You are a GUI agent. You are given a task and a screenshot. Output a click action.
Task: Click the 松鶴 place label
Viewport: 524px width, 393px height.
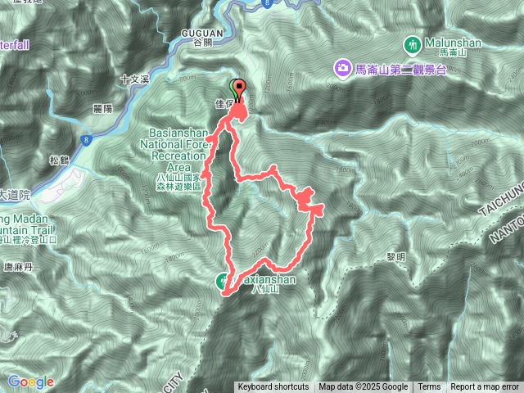tap(59, 160)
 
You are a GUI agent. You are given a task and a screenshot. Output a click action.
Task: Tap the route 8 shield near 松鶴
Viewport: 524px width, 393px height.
tap(86, 140)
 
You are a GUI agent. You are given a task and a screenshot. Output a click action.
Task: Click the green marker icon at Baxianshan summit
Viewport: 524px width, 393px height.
tap(224, 281)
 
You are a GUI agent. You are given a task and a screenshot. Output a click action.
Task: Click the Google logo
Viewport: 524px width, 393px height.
tap(31, 382)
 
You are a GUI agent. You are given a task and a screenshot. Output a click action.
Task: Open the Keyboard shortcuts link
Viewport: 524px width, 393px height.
tap(273, 387)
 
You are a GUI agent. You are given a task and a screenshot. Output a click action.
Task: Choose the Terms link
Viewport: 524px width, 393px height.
tap(429, 387)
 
